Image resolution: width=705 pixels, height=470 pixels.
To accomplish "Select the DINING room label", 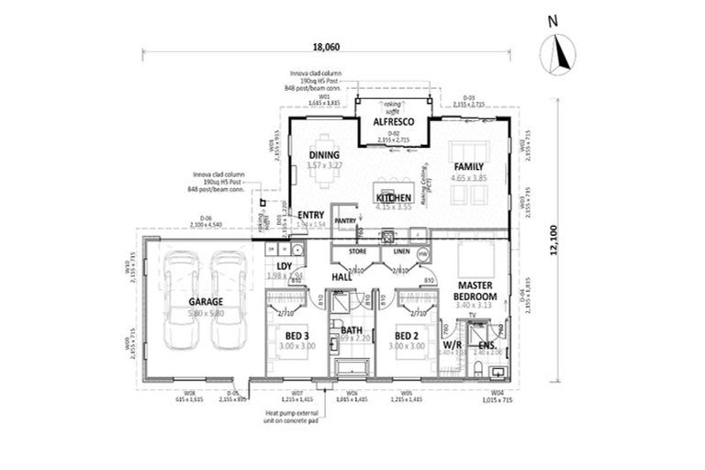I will [x=324, y=154].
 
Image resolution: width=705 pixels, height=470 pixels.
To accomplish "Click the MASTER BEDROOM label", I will [x=476, y=292].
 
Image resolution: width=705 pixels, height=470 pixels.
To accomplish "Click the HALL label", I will [x=341, y=276].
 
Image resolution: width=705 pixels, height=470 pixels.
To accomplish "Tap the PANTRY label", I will [x=345, y=221].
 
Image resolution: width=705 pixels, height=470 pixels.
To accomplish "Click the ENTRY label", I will [x=311, y=215].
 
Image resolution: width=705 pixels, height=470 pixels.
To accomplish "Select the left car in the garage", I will [x=176, y=300].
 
